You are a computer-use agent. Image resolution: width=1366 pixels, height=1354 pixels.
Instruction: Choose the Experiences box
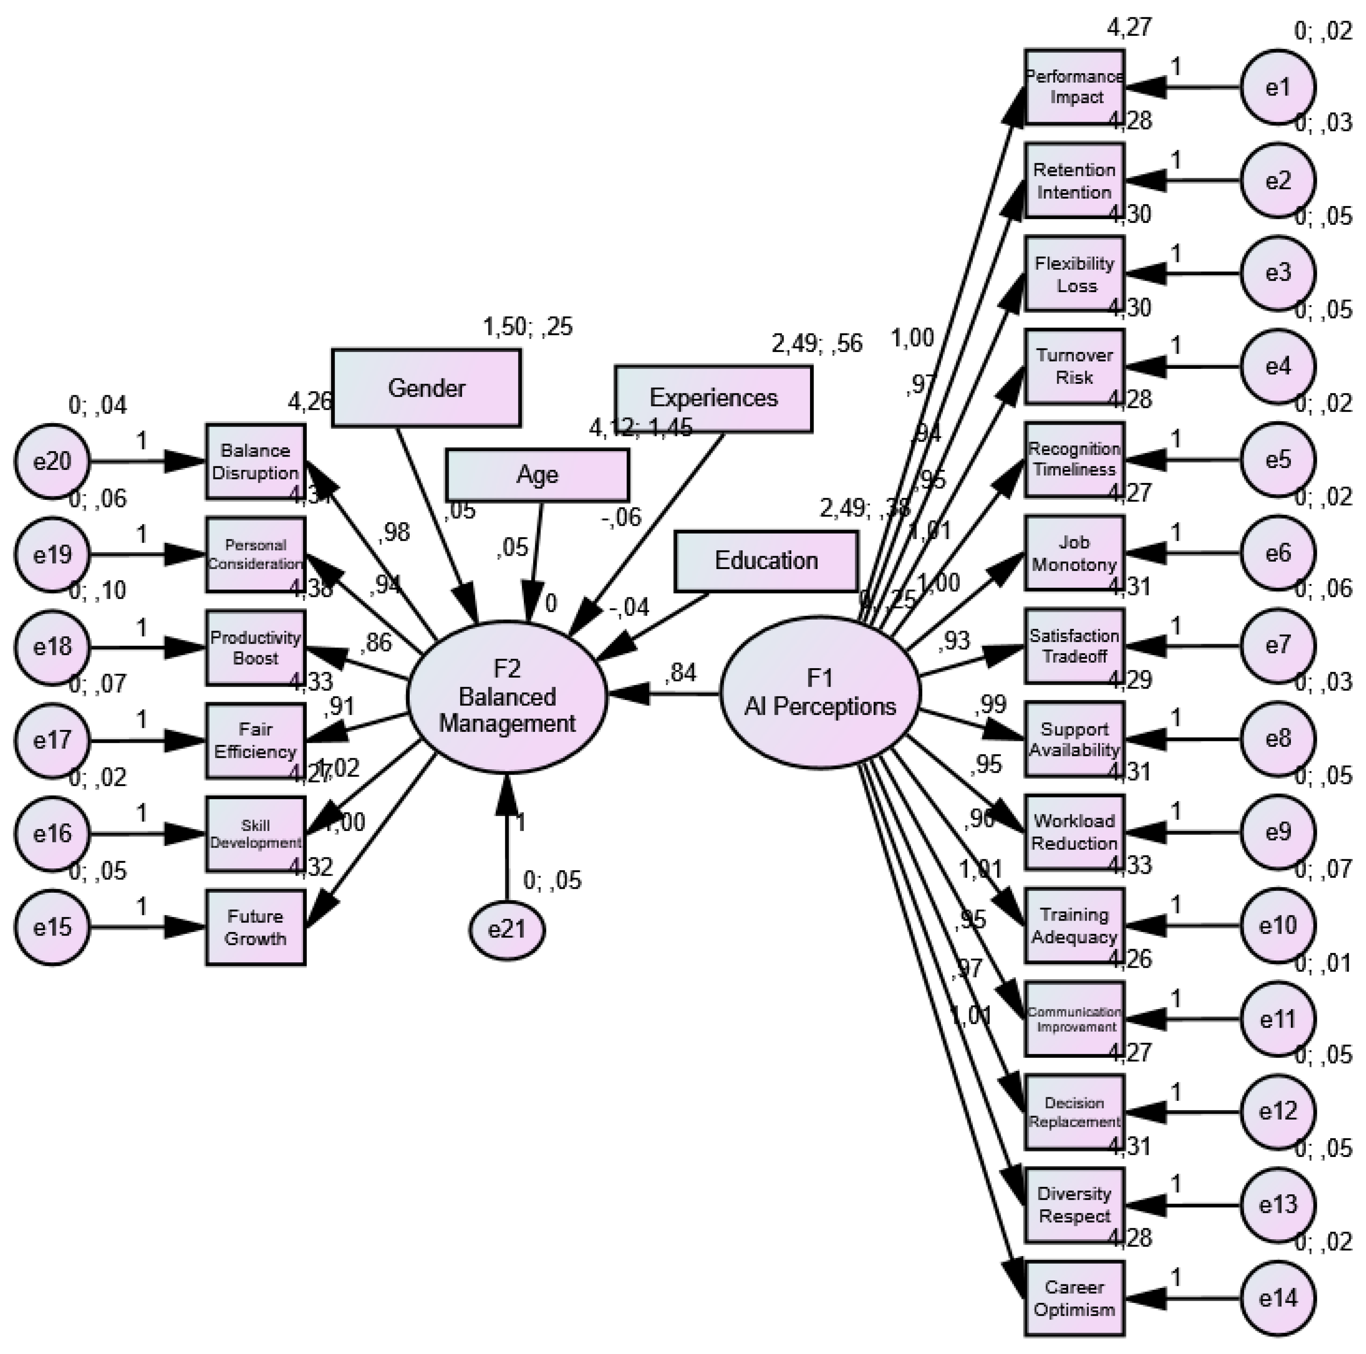click(713, 398)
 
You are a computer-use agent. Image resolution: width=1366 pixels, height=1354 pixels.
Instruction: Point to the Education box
click(766, 561)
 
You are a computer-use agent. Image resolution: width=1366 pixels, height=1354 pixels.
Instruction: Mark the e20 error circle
click(53, 461)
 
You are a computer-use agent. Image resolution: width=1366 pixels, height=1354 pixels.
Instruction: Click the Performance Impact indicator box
click(1074, 87)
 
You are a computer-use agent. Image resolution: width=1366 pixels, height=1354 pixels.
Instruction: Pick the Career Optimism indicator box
click(1074, 1298)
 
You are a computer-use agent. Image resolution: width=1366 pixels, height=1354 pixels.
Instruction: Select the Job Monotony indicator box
click(1074, 553)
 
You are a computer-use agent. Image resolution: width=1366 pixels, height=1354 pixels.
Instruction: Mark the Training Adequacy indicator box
click(1074, 925)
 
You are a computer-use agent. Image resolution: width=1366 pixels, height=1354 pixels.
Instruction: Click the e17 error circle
click(53, 740)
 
